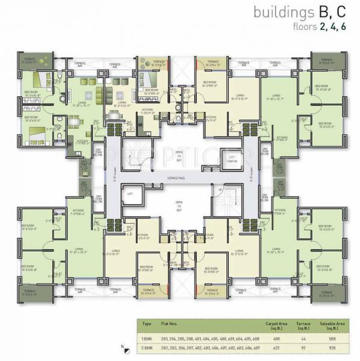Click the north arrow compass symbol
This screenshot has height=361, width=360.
click(x=125, y=347)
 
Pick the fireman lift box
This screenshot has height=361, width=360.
click(x=226, y=155)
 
